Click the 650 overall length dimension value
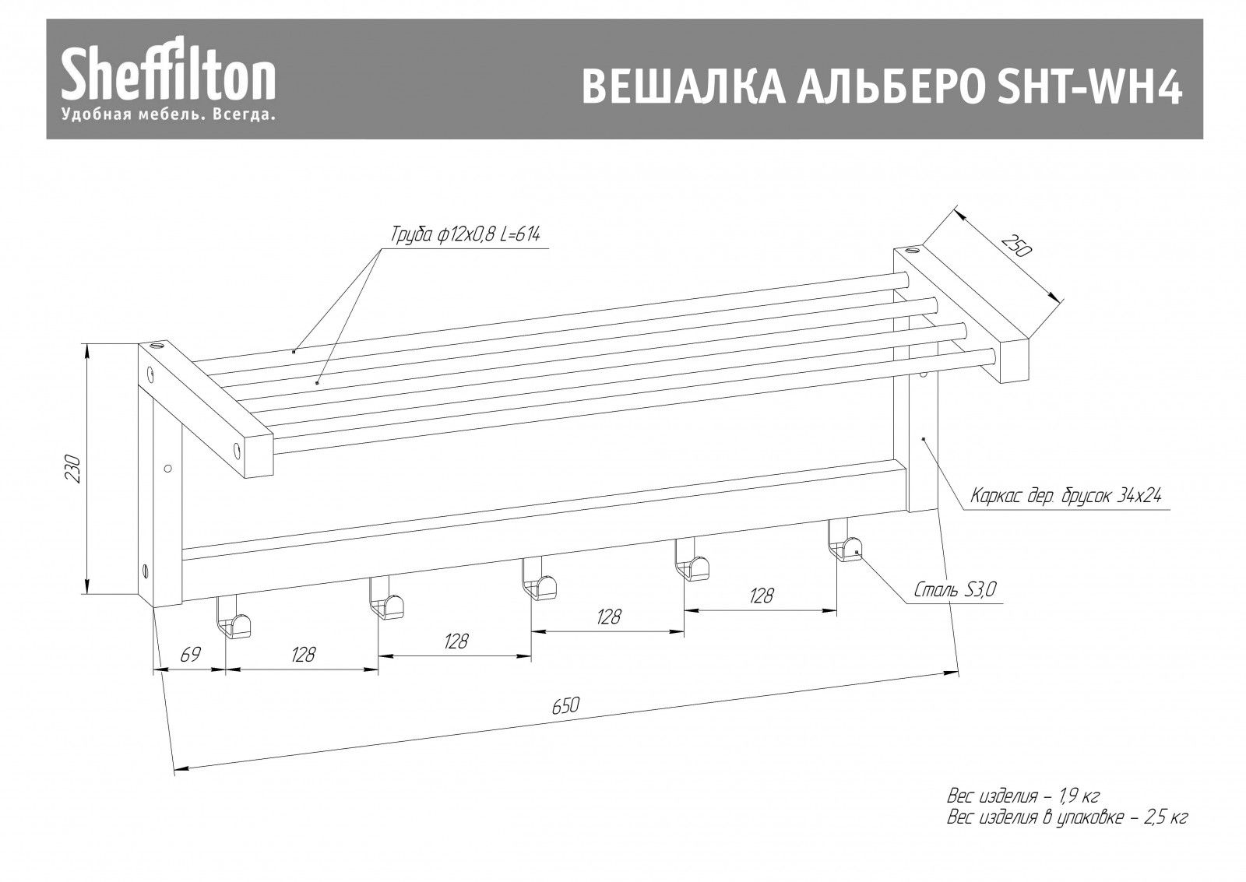point(565,706)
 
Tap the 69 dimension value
point(189,655)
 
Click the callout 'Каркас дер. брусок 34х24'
point(1066,495)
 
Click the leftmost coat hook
point(234,620)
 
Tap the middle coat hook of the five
point(539,582)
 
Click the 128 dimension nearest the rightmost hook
point(761,596)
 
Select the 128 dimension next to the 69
point(303,655)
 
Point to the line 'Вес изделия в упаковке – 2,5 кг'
point(1067,818)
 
